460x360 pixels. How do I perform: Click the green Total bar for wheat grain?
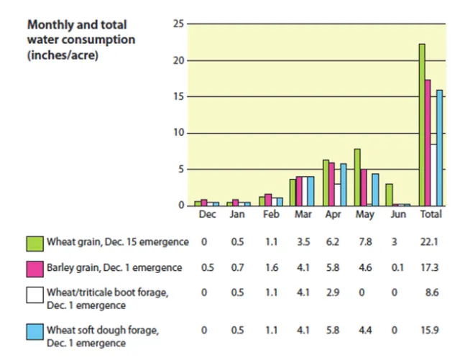coord(422,125)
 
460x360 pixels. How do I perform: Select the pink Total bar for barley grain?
coord(428,143)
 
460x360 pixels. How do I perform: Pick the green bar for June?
coord(389,195)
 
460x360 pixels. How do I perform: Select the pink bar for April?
coord(331,185)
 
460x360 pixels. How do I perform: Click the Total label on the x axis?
coord(431,215)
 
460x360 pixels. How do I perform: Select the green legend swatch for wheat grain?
coord(34,242)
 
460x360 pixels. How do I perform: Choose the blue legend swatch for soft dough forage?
coord(34,335)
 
